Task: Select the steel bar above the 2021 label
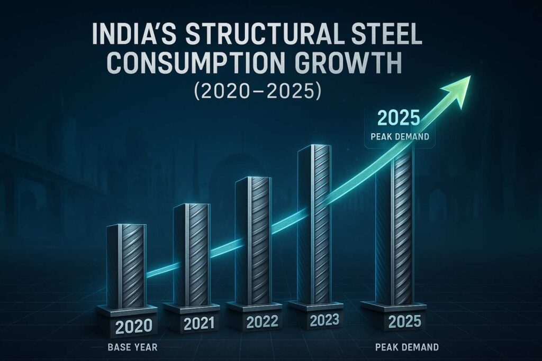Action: pyautogui.click(x=187, y=253)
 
